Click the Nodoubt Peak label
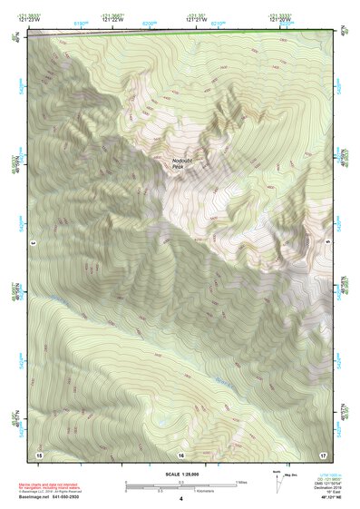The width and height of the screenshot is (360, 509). coord(183,163)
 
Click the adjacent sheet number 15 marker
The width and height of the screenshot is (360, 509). coord(39,453)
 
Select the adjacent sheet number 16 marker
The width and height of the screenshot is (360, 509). coord(181,453)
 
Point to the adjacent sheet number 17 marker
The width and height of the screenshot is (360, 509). coord(322,453)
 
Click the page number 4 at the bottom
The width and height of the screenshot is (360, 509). coord(181,499)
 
